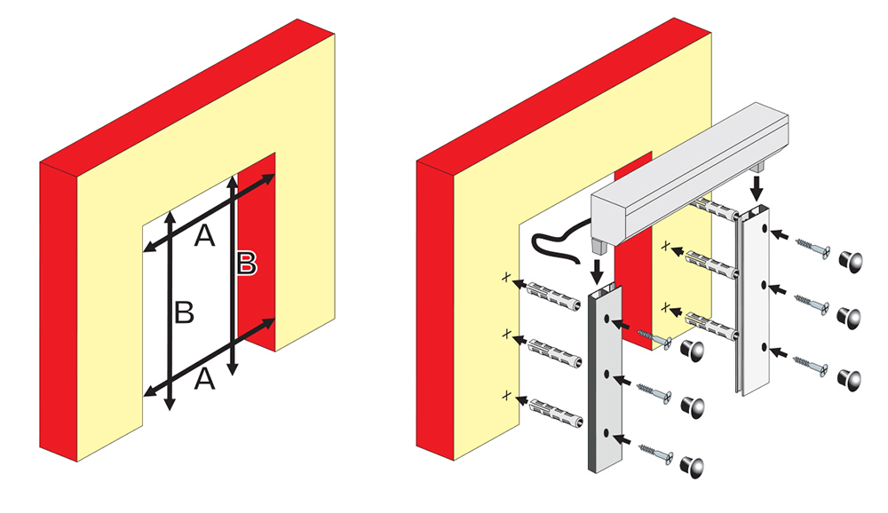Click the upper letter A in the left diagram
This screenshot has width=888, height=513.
204,235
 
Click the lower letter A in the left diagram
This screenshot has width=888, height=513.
204,379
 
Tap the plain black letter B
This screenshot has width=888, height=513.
184,312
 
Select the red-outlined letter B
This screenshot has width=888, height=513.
247,264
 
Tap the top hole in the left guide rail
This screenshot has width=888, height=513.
607,320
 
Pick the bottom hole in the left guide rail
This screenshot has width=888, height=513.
607,433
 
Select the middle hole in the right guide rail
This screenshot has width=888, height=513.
764,287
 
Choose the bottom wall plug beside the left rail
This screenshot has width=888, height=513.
556,413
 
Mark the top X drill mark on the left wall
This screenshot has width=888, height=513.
506,278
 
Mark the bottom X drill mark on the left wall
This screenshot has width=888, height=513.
507,396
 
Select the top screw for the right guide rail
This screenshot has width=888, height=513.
813,247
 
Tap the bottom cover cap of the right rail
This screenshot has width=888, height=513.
849,380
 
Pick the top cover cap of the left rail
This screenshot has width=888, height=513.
692,351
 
